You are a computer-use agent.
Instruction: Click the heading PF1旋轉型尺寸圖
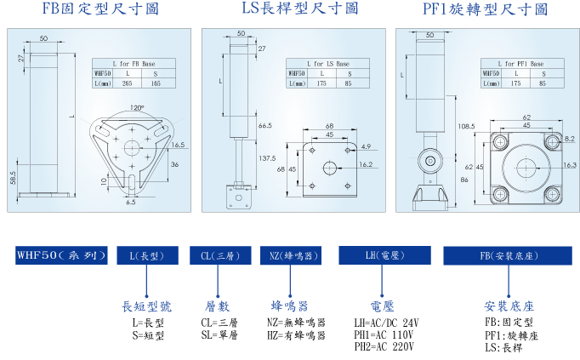485,9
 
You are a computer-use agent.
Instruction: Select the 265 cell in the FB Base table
127,83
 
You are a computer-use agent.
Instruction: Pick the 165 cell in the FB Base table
156,83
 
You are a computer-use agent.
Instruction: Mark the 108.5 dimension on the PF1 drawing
466,126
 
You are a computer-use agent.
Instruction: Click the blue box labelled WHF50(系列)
60,254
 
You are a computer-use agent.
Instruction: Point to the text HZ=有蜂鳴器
297,335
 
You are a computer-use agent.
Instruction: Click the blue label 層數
218,306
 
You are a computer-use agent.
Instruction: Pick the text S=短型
147,335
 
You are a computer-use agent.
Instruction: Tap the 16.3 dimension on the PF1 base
570,166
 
